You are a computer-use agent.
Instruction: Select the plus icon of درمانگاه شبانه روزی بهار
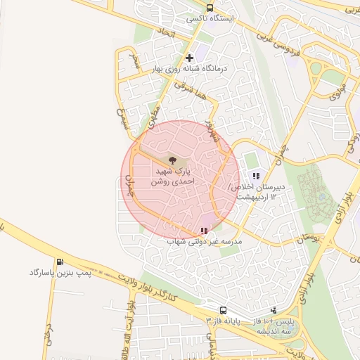coord(188,58)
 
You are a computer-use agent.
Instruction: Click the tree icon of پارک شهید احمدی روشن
coord(173,161)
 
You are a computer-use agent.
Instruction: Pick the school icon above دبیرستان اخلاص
coord(256,176)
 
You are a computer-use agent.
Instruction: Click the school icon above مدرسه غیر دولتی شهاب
coord(204,230)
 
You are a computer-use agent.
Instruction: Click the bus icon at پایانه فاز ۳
coord(223,310)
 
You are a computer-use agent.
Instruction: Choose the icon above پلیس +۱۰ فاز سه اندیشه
coord(274,310)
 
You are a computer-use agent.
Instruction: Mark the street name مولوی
coord(338,89)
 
